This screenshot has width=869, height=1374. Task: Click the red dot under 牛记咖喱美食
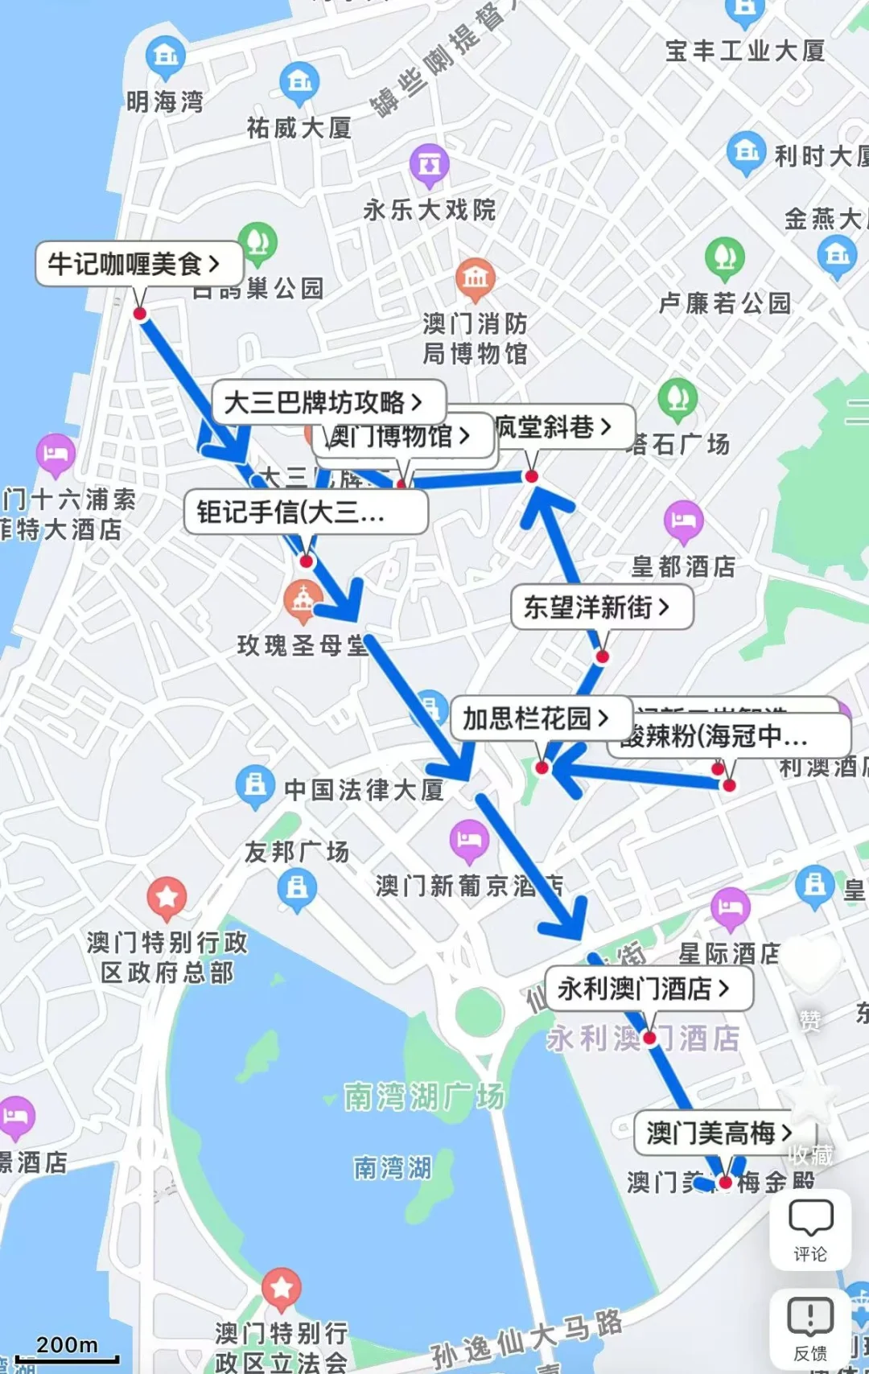point(140,314)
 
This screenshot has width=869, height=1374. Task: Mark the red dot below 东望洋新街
point(602,656)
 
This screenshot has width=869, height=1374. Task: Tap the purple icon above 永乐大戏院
point(429,163)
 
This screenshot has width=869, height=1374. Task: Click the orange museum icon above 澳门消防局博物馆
point(475,278)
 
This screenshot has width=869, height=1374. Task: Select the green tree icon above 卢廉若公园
point(724,256)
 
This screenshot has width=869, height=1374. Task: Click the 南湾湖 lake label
point(393,1167)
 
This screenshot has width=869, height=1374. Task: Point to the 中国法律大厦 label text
point(364,790)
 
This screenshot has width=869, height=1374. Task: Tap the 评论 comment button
point(809,1229)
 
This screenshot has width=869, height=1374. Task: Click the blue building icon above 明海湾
point(166,56)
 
